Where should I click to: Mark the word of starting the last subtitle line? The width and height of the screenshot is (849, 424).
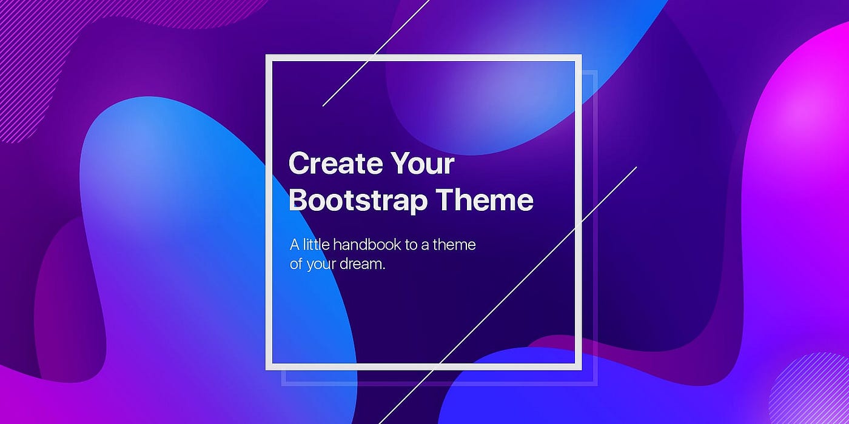tap(296, 265)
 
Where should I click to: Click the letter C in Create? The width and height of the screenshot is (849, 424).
tap(299, 164)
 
